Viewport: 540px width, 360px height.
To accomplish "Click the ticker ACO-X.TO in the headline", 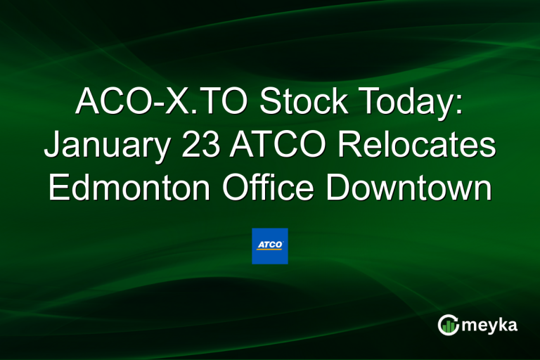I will (x=161, y=103).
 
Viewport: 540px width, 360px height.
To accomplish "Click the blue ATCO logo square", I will (x=270, y=245).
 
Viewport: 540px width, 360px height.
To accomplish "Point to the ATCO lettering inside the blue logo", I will (x=269, y=244).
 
